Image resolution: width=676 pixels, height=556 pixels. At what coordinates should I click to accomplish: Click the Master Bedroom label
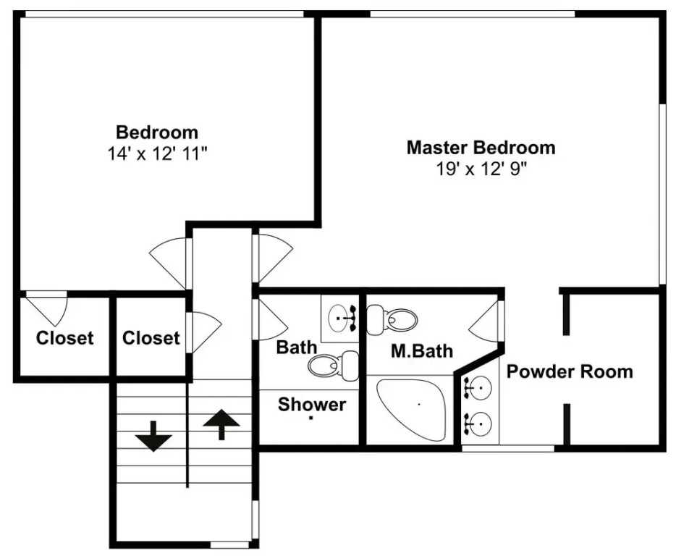[481, 148]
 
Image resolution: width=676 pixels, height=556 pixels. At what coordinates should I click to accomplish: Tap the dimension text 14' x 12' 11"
[157, 153]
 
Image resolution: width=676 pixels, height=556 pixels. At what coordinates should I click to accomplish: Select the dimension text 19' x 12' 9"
[481, 169]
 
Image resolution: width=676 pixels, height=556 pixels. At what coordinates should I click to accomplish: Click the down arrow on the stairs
[153, 437]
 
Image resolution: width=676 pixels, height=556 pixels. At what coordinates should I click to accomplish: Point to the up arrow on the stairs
[221, 424]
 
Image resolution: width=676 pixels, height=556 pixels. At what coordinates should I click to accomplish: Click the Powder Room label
[570, 371]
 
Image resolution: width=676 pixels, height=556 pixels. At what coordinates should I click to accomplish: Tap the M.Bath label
[422, 351]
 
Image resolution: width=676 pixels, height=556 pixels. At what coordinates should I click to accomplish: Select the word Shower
[312, 404]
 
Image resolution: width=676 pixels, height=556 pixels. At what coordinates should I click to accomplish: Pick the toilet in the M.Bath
[392, 319]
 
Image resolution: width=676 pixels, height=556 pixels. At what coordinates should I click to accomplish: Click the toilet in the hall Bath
[333, 366]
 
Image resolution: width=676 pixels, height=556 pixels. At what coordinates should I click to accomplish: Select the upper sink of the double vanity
[478, 388]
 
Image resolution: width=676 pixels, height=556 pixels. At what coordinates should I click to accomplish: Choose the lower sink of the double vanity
[478, 424]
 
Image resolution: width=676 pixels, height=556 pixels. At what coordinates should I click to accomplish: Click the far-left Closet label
[64, 338]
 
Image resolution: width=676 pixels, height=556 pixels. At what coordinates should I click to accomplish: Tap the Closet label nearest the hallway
[151, 338]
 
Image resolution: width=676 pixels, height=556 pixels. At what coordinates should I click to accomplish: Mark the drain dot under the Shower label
[310, 418]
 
